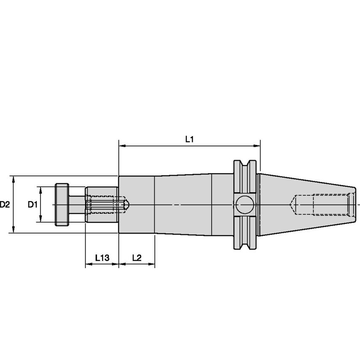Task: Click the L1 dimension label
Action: pyautogui.click(x=189, y=139)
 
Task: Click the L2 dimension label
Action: pyautogui.click(x=137, y=258)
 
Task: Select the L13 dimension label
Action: pyautogui.click(x=102, y=258)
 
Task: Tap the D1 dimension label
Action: pyautogui.click(x=33, y=204)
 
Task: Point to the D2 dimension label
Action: pyautogui.click(x=5, y=204)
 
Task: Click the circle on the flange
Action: pyautogui.click(x=244, y=205)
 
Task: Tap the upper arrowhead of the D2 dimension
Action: pyautogui.click(x=14, y=179)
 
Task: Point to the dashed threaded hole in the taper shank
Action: pyautogui.click(x=320, y=204)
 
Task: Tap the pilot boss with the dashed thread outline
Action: pyautogui.click(x=101, y=204)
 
